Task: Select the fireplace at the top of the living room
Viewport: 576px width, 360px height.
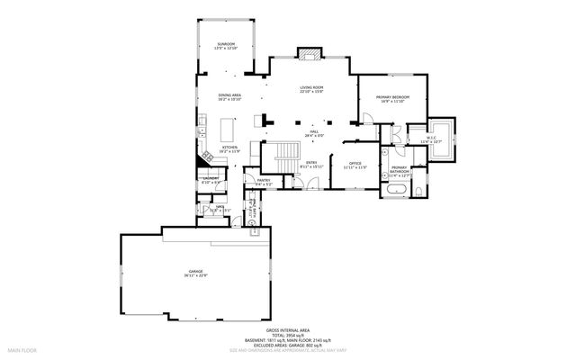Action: coord(310,53)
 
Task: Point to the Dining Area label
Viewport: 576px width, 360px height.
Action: coord(229,96)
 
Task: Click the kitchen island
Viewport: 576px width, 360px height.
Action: coord(226,123)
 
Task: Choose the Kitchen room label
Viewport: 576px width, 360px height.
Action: coord(229,148)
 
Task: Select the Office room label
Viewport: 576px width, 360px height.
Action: coord(355,165)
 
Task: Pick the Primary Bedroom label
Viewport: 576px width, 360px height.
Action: coord(395,98)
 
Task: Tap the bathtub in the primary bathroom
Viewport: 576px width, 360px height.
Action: coord(397,192)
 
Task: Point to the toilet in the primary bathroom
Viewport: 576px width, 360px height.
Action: coord(422,193)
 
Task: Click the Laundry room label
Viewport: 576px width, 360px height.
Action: coord(209,180)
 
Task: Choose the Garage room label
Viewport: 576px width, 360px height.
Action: coord(195,273)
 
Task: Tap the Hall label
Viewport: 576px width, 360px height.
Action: coord(315,134)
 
